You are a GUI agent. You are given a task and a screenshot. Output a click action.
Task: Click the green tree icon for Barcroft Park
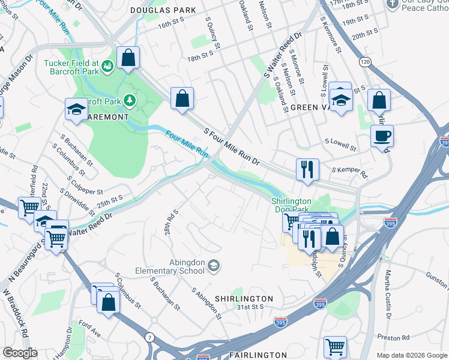129,99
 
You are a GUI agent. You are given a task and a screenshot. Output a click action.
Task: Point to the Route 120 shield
365,62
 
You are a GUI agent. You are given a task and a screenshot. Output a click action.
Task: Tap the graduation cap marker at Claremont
76,109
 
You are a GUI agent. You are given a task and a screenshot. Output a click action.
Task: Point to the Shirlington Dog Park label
292,205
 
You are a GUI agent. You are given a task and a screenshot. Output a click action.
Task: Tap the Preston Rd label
397,337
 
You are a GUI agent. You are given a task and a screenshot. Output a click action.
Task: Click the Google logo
19,353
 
